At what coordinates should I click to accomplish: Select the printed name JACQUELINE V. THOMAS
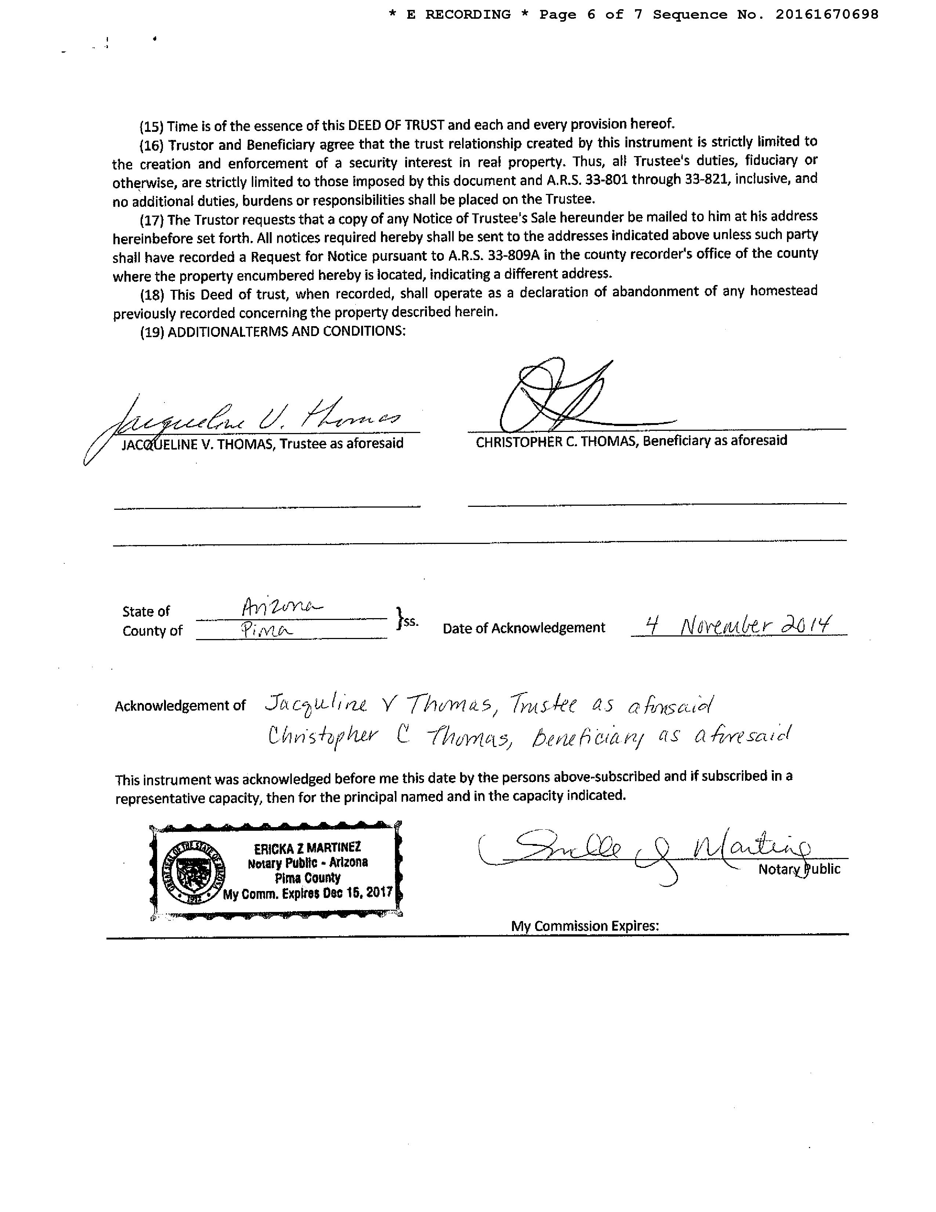[198, 444]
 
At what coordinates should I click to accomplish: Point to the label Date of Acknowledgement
[523, 628]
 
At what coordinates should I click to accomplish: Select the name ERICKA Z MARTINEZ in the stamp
[307, 848]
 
